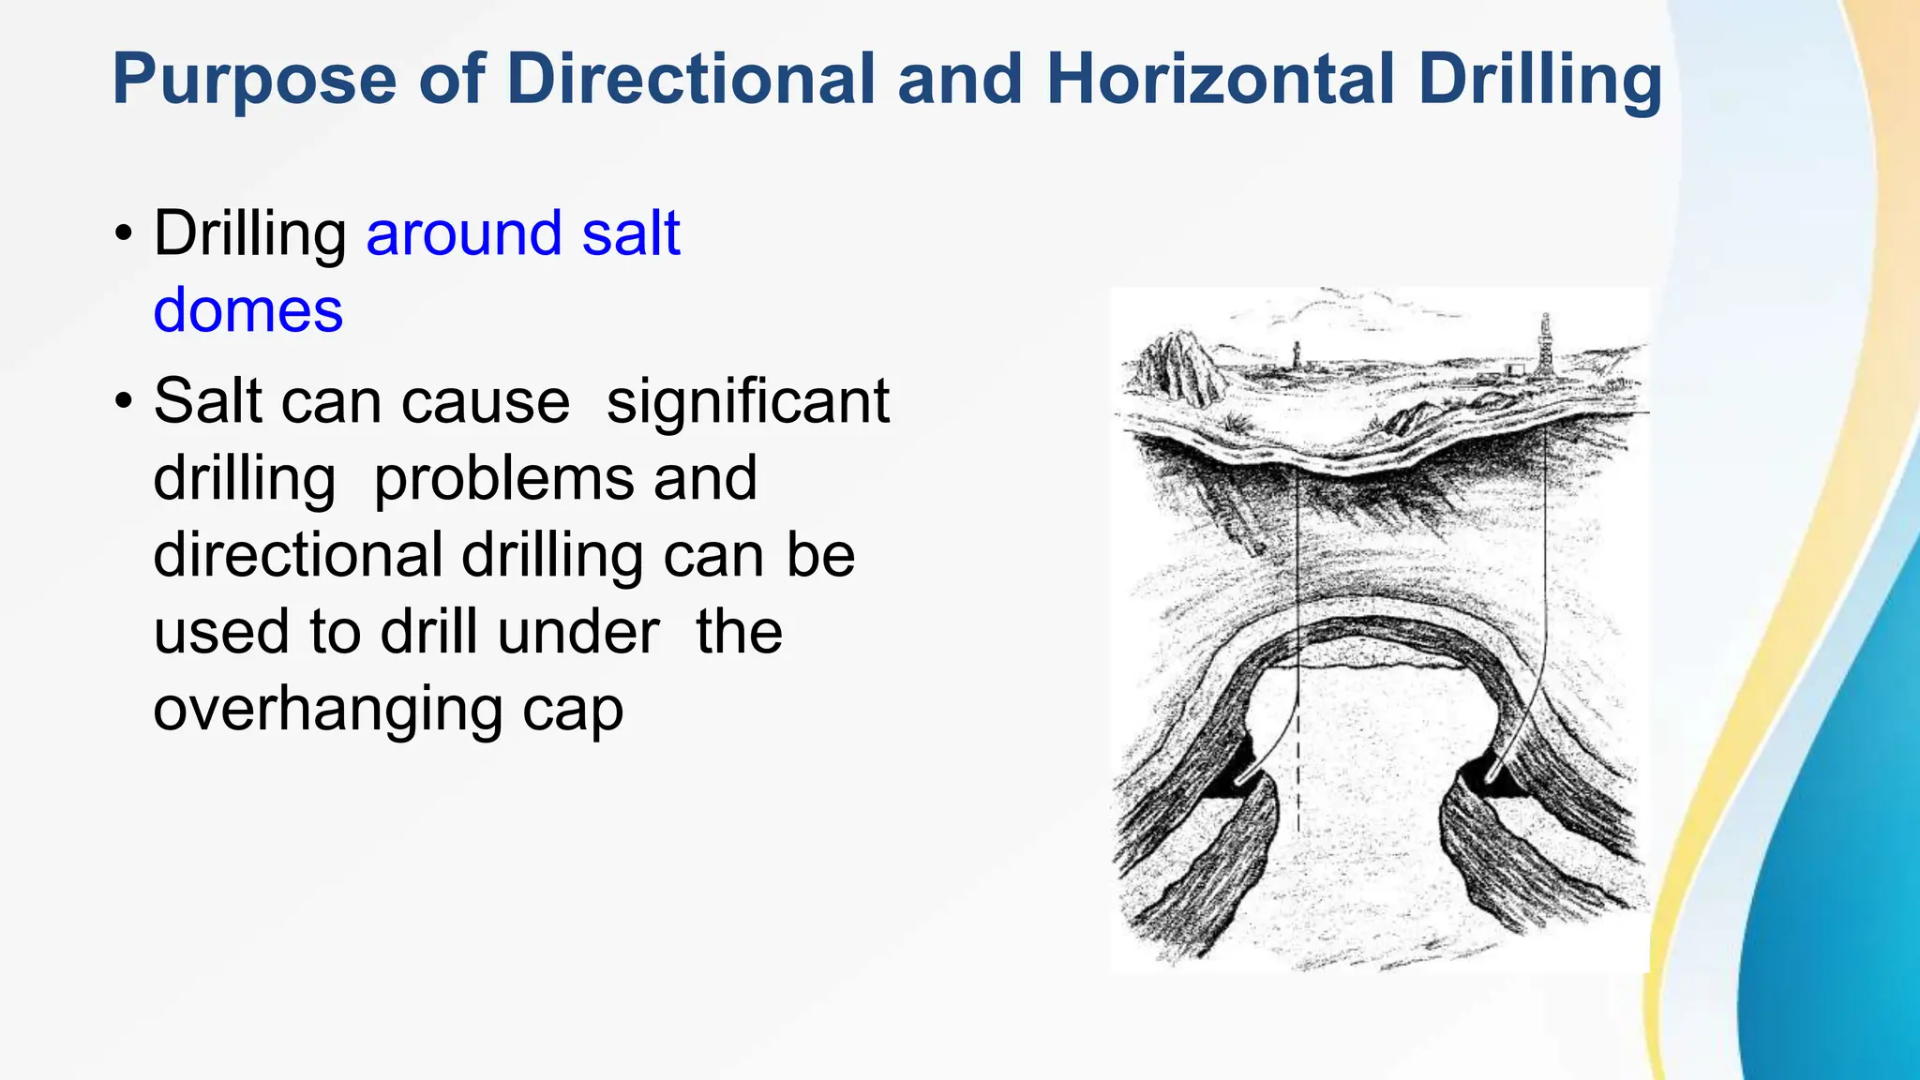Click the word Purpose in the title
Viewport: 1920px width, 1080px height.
coord(254,80)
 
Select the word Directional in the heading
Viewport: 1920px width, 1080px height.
coord(691,78)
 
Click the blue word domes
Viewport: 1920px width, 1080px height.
coord(248,310)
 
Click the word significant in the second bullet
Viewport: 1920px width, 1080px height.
coord(747,402)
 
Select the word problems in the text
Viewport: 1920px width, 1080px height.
coord(503,479)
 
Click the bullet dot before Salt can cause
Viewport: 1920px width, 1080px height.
coord(123,401)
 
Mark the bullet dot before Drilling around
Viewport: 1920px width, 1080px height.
coord(123,233)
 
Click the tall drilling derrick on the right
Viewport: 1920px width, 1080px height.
coord(1545,347)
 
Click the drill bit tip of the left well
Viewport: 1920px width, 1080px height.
coord(1239,780)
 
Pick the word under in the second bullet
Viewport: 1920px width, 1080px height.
coord(578,633)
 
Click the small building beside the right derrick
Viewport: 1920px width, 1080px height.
coord(1510,371)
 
